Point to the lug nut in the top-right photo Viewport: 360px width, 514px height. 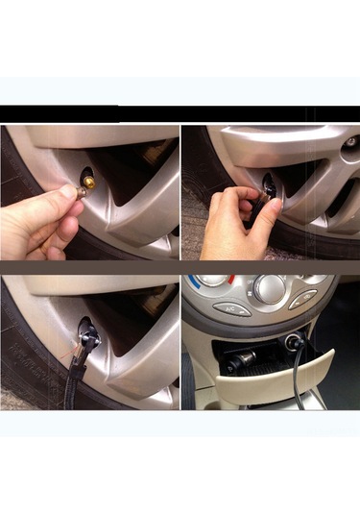pos(350,141)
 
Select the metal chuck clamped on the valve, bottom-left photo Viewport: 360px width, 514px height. pos(89,333)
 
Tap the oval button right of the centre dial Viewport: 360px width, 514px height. pos(303,300)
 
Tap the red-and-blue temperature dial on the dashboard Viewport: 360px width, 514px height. pos(213,281)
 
